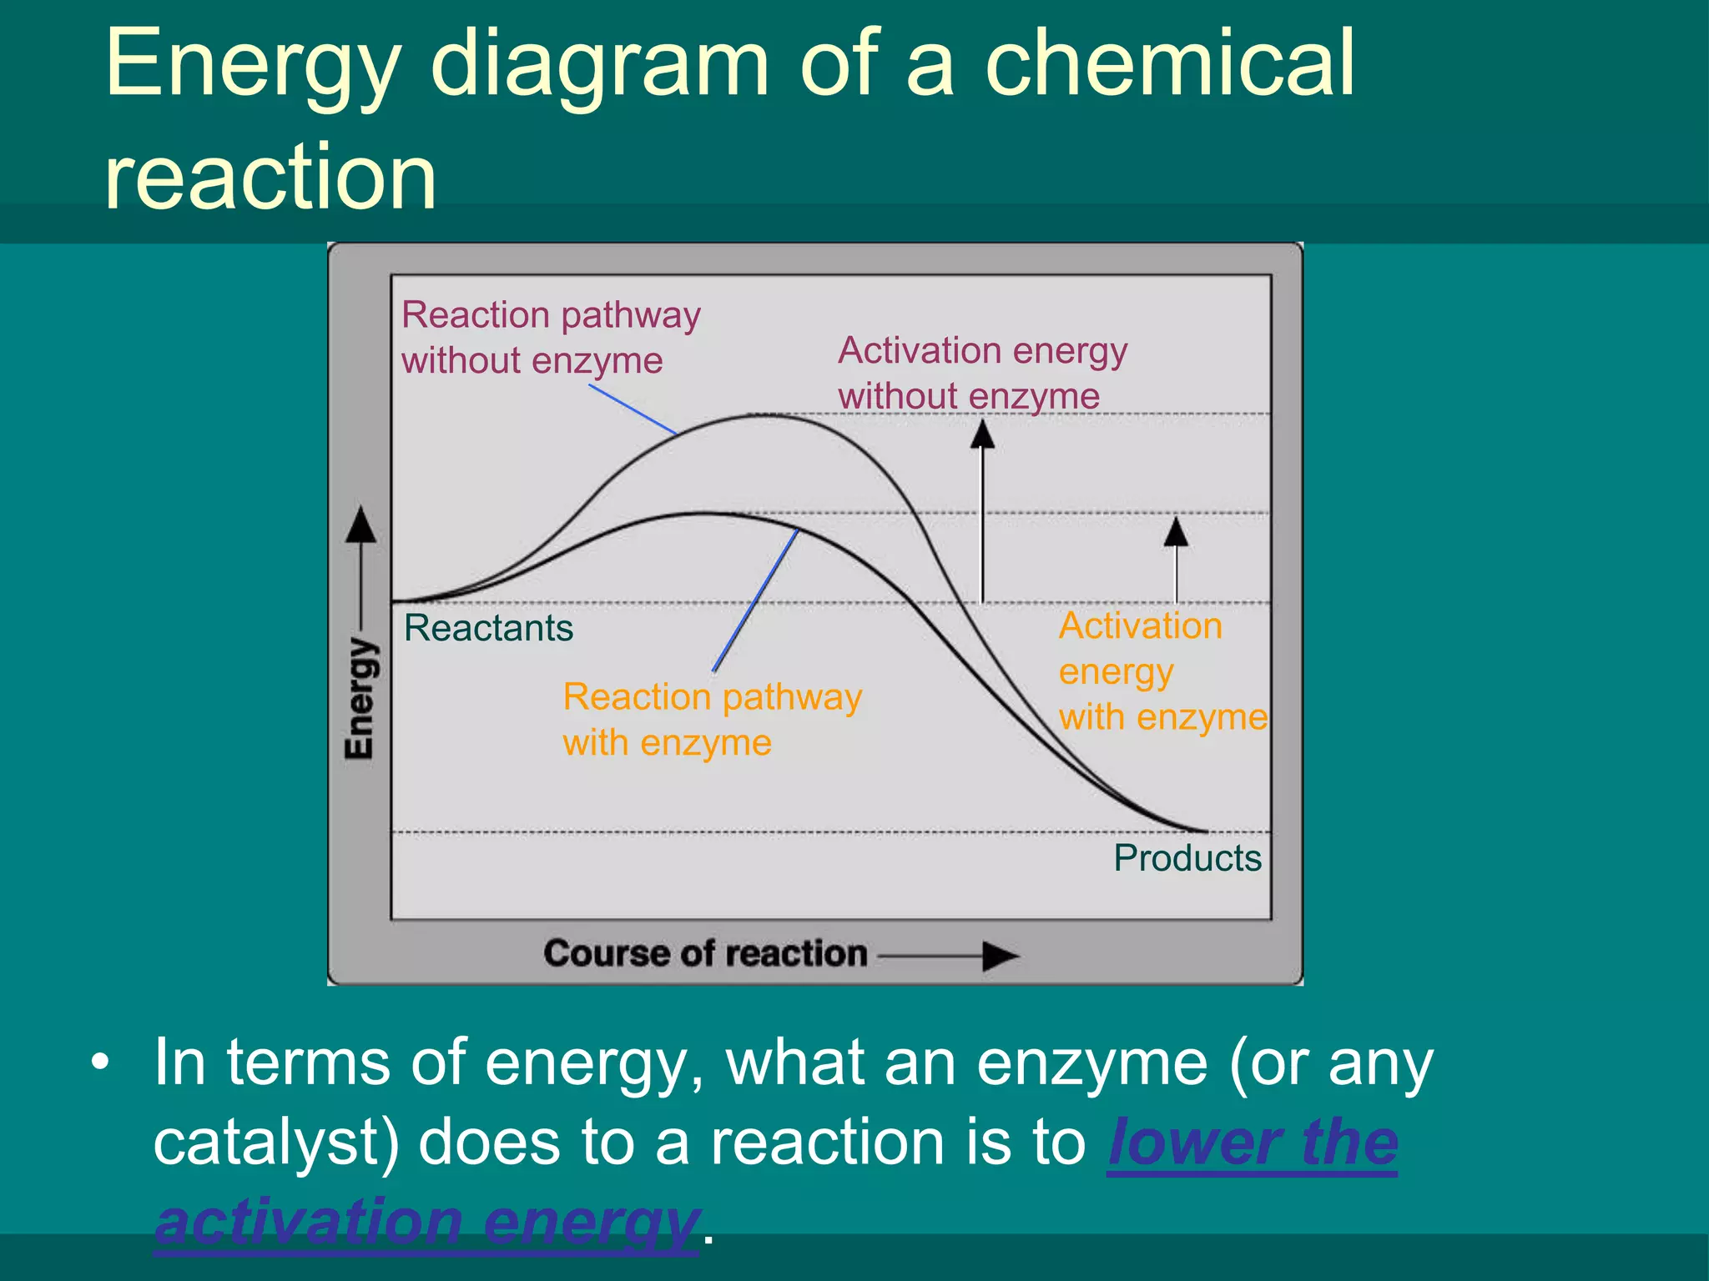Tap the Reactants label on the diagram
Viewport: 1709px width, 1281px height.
tap(488, 628)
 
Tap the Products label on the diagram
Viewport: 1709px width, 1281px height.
tap(1187, 858)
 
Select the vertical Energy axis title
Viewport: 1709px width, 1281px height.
tap(360, 699)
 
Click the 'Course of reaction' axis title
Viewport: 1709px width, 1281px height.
tap(705, 953)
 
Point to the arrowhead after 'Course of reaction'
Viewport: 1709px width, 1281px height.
tap(1000, 956)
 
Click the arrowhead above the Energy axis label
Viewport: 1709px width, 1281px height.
tap(360, 525)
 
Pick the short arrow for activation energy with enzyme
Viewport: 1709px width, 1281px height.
tap(1176, 559)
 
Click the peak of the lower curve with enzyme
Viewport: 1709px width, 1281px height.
tap(705, 513)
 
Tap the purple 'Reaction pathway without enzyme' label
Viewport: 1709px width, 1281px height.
tap(550, 338)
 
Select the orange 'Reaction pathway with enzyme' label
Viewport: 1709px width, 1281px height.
tap(712, 719)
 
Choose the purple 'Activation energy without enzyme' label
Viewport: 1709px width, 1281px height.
tap(982, 373)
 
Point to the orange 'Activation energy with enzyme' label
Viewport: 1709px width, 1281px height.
tap(1162, 671)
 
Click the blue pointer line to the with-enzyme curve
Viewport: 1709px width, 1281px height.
tap(755, 600)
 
